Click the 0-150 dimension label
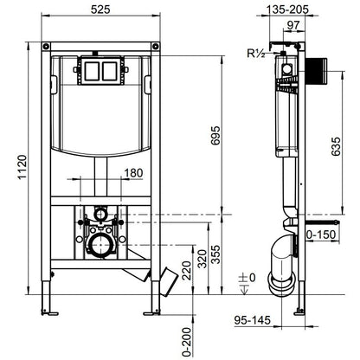(x=320, y=234)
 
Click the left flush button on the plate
(x=93, y=70)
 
